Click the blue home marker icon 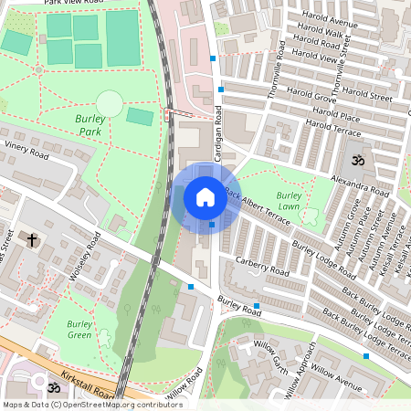click(x=205, y=197)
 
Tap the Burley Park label click(x=89, y=125)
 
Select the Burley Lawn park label click(x=289, y=202)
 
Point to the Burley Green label click(x=79, y=329)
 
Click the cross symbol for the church click(x=32, y=240)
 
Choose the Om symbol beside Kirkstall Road click(x=53, y=387)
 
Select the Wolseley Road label click(x=83, y=261)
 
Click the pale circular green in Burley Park click(x=109, y=103)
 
